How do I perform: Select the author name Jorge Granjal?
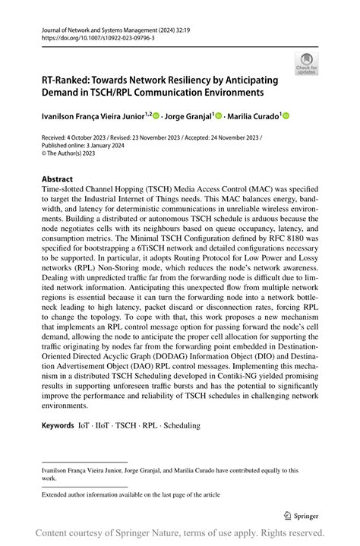click(188, 116)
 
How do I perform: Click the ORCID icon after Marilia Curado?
click(287, 116)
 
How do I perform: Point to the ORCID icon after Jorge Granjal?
click(219, 116)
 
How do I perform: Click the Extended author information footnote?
click(131, 494)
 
